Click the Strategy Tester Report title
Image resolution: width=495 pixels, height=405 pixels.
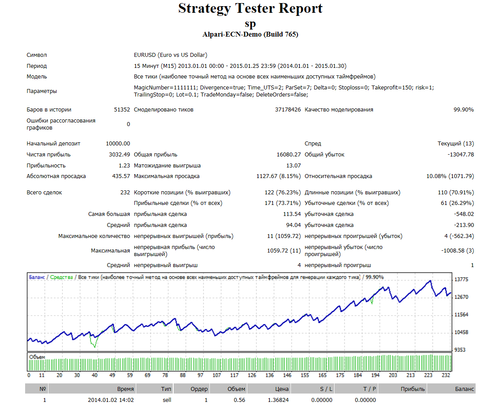point(250,8)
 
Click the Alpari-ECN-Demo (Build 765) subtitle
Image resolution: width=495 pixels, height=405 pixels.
point(250,34)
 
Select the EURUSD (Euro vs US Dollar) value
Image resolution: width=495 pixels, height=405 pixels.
point(171,55)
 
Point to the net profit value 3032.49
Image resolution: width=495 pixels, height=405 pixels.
point(119,155)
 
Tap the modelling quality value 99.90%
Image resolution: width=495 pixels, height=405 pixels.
point(463,110)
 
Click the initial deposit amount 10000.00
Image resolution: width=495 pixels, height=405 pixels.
point(118,144)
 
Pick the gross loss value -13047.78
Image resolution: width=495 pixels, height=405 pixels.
point(461,155)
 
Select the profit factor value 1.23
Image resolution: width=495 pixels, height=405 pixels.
point(124,166)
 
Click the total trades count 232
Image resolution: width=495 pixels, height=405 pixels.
point(125,193)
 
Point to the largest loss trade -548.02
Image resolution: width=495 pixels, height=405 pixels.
point(464,214)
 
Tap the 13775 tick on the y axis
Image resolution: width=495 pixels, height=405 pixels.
point(461,279)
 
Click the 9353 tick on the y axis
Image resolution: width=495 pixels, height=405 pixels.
point(460,350)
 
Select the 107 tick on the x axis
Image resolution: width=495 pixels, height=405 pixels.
point(216,375)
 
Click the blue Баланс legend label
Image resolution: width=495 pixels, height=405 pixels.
point(37,277)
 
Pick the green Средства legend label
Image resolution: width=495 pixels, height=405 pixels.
point(62,277)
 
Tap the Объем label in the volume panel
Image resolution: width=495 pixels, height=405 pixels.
point(37,357)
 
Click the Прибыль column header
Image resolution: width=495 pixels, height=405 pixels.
point(413,389)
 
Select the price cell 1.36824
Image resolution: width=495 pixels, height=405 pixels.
point(278,400)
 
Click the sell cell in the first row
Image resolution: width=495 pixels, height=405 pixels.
point(167,400)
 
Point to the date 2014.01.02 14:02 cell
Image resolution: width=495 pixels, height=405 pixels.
point(111,400)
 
